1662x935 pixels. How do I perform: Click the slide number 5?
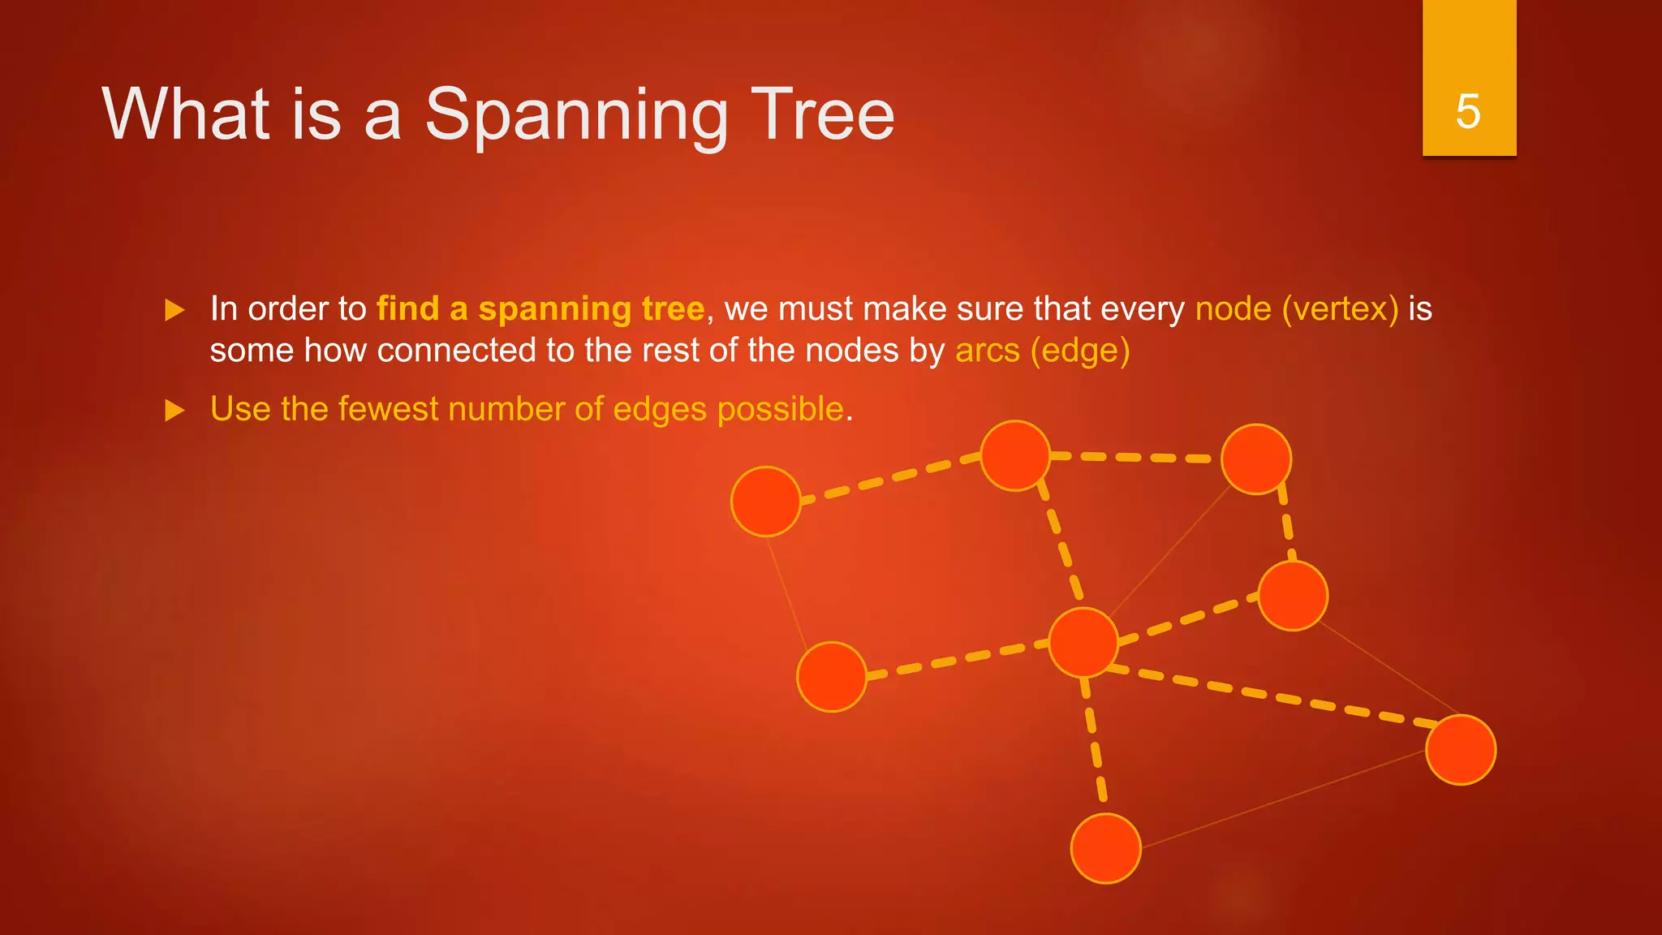pos(1468,111)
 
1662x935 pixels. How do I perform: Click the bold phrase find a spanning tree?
pos(540,309)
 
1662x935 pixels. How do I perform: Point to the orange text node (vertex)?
pos(1296,309)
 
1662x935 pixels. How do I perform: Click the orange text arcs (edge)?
pos(1042,351)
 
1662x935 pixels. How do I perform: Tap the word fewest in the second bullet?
pos(388,409)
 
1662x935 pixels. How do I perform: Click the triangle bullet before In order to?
pos(174,310)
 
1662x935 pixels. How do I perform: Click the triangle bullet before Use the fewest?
pos(174,410)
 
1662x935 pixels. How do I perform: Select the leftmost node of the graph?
pos(765,502)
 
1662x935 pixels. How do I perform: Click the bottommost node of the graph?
pos(1105,848)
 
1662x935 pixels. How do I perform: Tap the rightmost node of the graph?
pos(1460,750)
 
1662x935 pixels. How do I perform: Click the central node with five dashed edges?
pos(1083,642)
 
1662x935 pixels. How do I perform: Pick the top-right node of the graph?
pos(1255,459)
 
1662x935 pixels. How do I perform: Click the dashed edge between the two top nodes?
pos(1136,458)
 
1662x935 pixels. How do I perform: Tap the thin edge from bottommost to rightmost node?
pos(1282,799)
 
